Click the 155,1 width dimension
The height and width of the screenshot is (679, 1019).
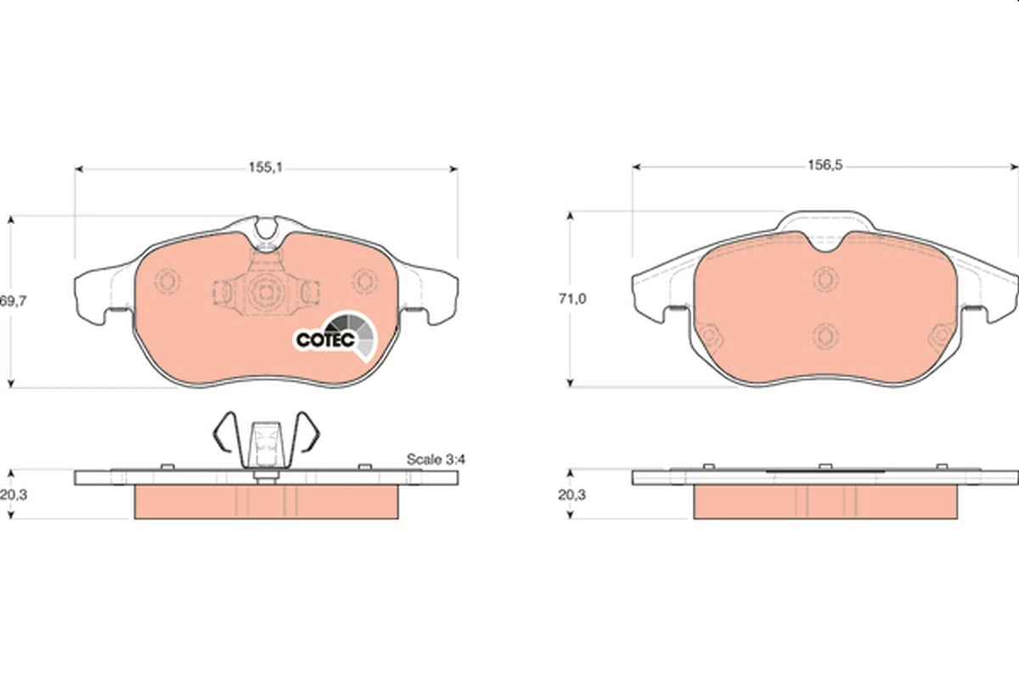click(x=266, y=168)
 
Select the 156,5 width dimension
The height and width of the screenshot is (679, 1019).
click(x=825, y=166)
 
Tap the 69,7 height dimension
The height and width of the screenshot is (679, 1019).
click(x=14, y=300)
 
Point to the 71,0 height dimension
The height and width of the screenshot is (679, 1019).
click(x=572, y=299)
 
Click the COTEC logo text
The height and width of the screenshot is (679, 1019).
click(x=325, y=339)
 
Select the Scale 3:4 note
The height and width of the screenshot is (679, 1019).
click(x=436, y=459)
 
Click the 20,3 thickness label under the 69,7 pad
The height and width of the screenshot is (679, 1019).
click(x=14, y=494)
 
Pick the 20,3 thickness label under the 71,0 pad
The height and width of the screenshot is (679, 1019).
click(x=572, y=494)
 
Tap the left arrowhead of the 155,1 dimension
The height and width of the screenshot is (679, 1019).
click(x=79, y=169)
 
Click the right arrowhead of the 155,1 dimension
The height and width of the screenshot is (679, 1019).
click(x=453, y=169)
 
